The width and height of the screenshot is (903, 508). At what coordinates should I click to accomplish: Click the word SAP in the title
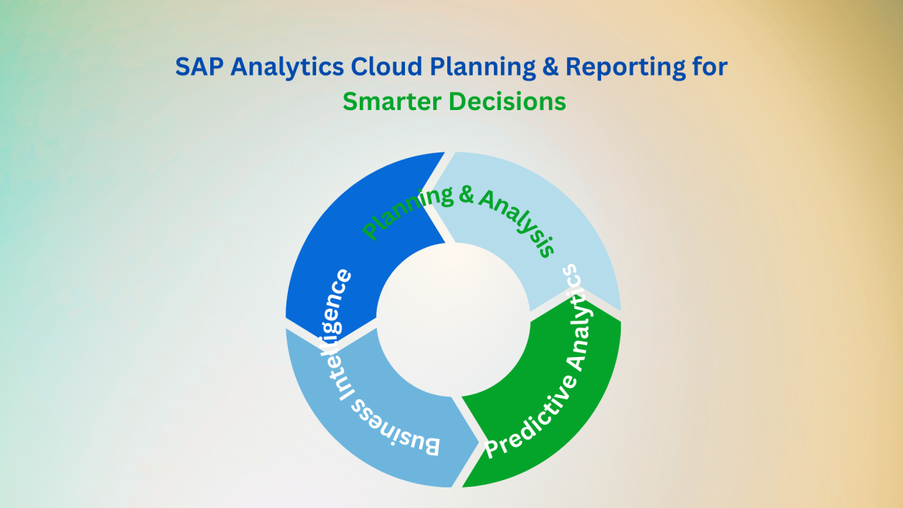coord(199,66)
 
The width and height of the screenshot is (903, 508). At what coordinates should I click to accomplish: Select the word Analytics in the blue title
coord(287,67)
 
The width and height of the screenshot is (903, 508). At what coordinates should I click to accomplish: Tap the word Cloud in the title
coord(386,66)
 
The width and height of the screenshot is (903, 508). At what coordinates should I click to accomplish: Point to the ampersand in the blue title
coord(551,66)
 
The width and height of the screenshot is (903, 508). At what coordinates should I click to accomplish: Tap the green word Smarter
coord(392,101)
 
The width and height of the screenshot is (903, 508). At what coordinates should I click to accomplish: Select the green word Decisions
coord(507,101)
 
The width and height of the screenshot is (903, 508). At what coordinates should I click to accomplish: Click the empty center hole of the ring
coord(453,320)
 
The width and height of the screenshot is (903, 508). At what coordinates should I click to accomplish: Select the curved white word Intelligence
coord(335,334)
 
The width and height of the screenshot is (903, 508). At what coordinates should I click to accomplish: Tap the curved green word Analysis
coord(518,221)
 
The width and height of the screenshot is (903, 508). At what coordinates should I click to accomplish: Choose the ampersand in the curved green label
coord(466,195)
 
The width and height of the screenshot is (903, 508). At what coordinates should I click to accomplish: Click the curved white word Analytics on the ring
coord(576,317)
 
